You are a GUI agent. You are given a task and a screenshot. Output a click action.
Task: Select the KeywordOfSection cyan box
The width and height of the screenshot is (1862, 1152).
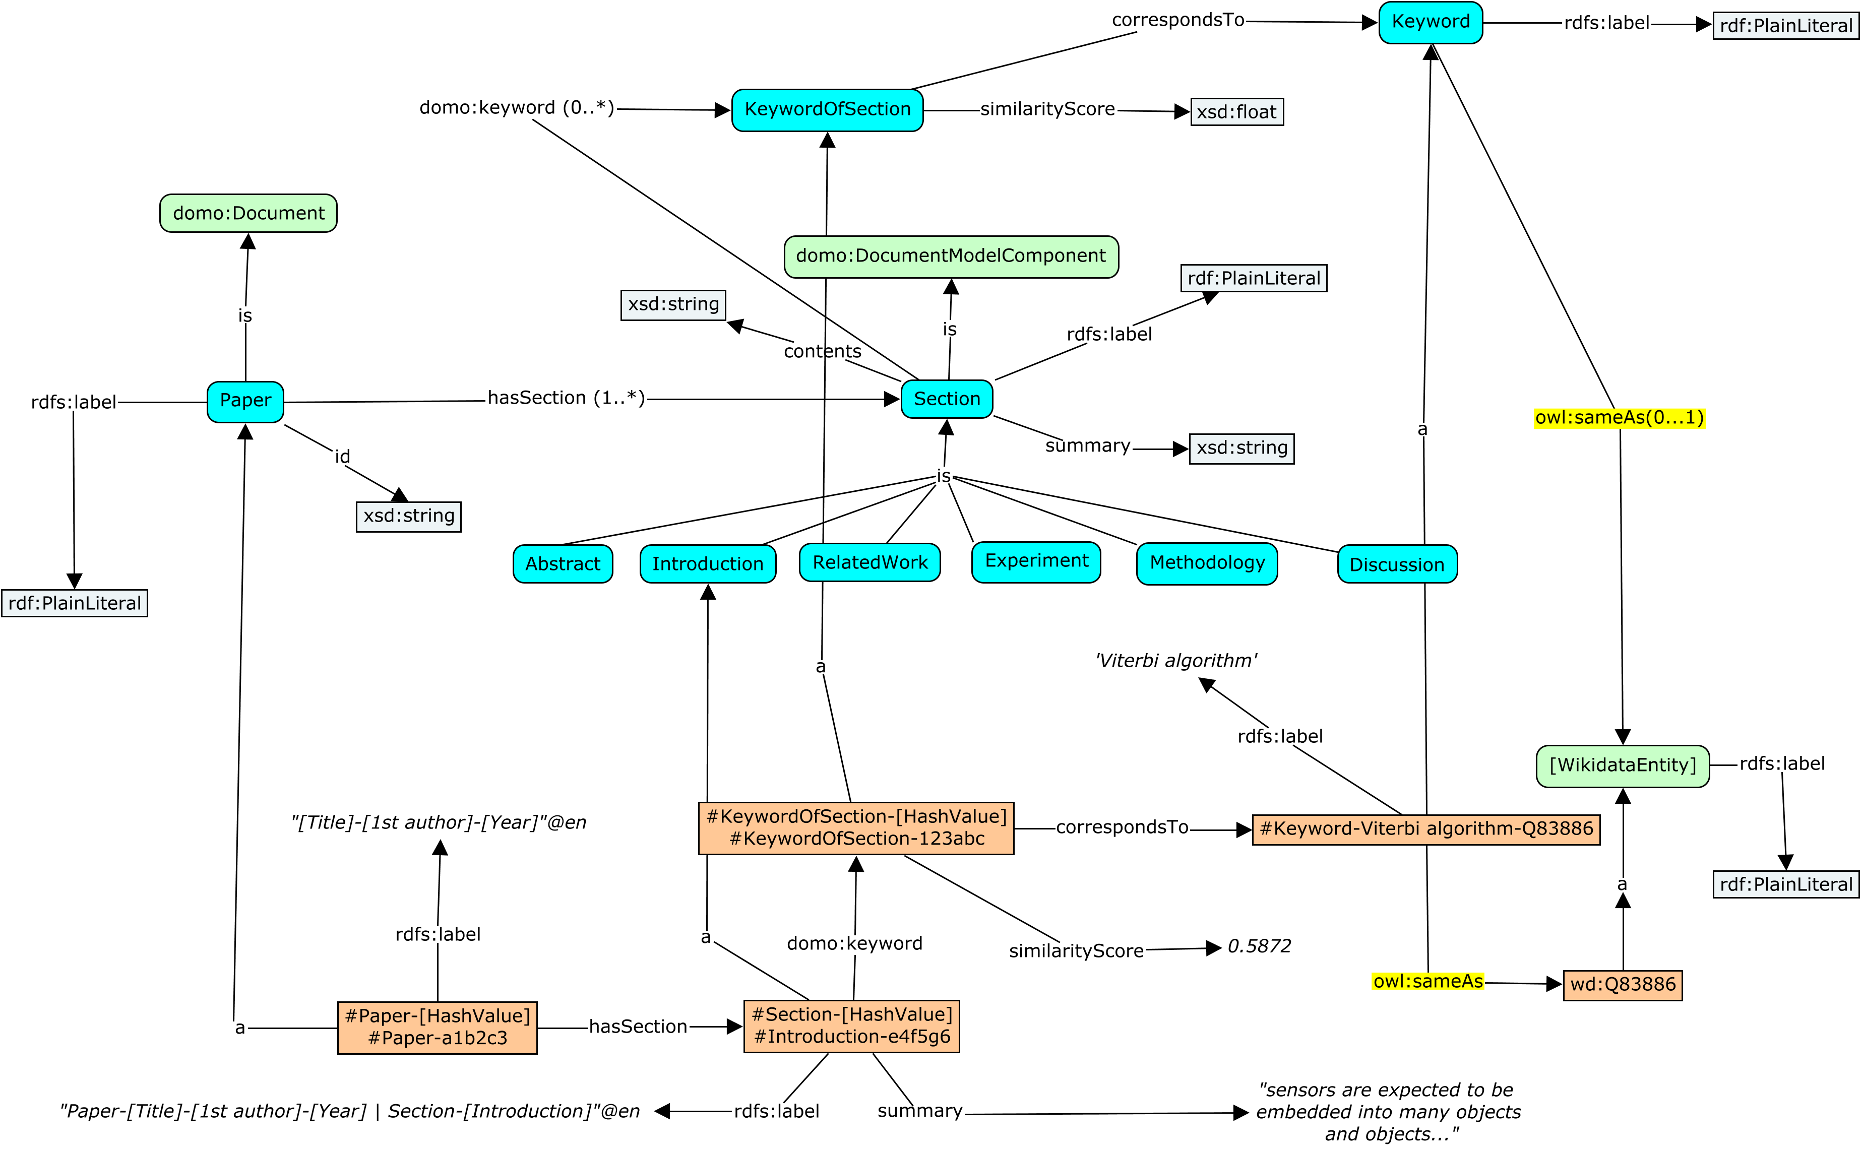827,110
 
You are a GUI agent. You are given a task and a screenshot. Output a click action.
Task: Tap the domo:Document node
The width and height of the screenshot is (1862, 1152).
249,213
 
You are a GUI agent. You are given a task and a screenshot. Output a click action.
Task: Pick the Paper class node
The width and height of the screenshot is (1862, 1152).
245,402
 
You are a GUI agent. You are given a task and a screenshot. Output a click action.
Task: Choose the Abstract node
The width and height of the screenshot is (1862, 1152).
563,564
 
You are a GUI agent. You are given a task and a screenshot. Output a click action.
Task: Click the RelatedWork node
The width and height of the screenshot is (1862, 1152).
870,562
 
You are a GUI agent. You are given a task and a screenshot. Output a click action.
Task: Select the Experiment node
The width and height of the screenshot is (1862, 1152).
1036,561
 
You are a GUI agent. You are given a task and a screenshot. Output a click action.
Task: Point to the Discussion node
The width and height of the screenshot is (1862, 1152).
1397,564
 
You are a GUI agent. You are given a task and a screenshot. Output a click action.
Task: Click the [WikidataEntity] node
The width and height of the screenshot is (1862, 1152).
1623,765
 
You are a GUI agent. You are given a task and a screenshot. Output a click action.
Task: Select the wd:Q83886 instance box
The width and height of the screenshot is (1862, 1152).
1623,984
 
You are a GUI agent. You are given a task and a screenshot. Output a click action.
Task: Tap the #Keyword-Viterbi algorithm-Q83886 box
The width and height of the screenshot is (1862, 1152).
1426,829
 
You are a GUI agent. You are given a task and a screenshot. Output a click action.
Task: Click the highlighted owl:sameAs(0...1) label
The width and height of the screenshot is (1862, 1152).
1620,418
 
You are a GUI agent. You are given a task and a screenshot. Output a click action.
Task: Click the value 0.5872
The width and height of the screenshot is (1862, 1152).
1259,946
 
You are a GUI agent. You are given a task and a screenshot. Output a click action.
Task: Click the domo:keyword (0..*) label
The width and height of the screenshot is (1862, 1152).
517,107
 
